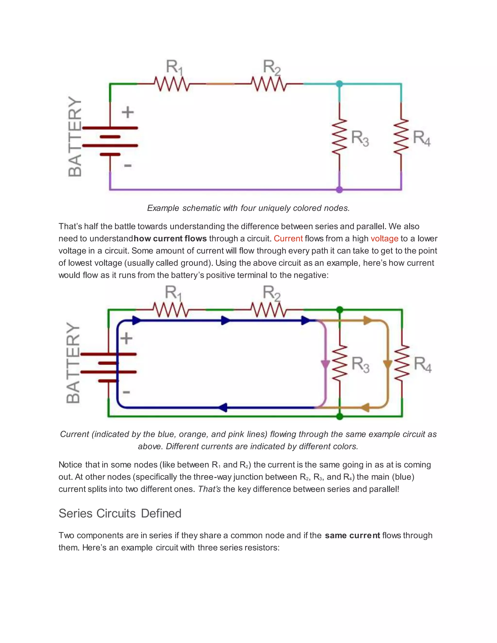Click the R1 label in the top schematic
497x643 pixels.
click(x=174, y=67)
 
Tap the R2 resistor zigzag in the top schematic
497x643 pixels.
click(x=269, y=84)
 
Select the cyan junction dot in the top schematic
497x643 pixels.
click(x=339, y=84)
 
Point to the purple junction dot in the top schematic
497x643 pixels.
click(x=339, y=190)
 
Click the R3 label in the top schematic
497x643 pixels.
click(x=360, y=138)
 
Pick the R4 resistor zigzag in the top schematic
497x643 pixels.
click(x=401, y=136)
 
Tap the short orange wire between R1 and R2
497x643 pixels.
click(x=220, y=84)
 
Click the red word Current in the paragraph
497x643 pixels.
click(x=288, y=239)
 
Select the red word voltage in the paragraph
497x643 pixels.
click(x=384, y=239)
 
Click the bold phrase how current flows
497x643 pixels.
click(x=170, y=239)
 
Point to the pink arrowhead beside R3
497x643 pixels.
click(x=325, y=364)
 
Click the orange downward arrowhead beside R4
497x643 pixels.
click(x=388, y=364)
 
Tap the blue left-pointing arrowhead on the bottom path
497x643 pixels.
click(x=223, y=407)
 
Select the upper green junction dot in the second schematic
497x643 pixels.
click(x=340, y=310)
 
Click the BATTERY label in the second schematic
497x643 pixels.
click(x=73, y=363)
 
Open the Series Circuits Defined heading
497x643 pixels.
click(x=120, y=513)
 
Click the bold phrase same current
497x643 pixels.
click(x=352, y=535)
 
